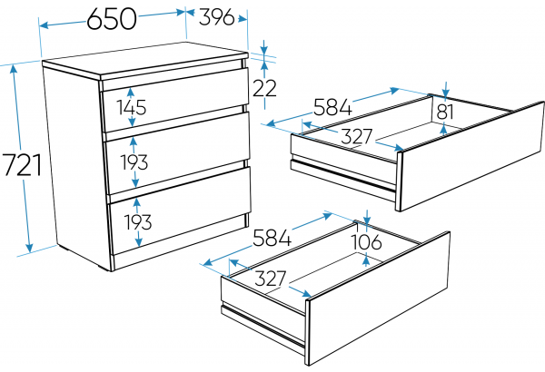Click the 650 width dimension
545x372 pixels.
tap(112, 19)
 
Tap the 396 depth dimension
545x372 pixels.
tap(216, 16)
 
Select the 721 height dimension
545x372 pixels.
tap(22, 164)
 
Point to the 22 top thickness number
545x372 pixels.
tap(264, 88)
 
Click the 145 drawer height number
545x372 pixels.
tap(132, 107)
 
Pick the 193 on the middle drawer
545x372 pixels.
tap(134, 162)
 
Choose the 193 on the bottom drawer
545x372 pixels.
tap(138, 222)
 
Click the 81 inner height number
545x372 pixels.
tap(445, 112)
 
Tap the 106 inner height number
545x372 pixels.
tap(367, 241)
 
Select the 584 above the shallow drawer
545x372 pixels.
tap(332, 107)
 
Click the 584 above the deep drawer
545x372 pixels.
tap(272, 238)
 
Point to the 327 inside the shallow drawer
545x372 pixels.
tap(357, 136)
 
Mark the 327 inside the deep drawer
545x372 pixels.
tap(271, 279)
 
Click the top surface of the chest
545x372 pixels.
tap(146, 59)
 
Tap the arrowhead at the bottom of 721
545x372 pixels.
tap(29, 248)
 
